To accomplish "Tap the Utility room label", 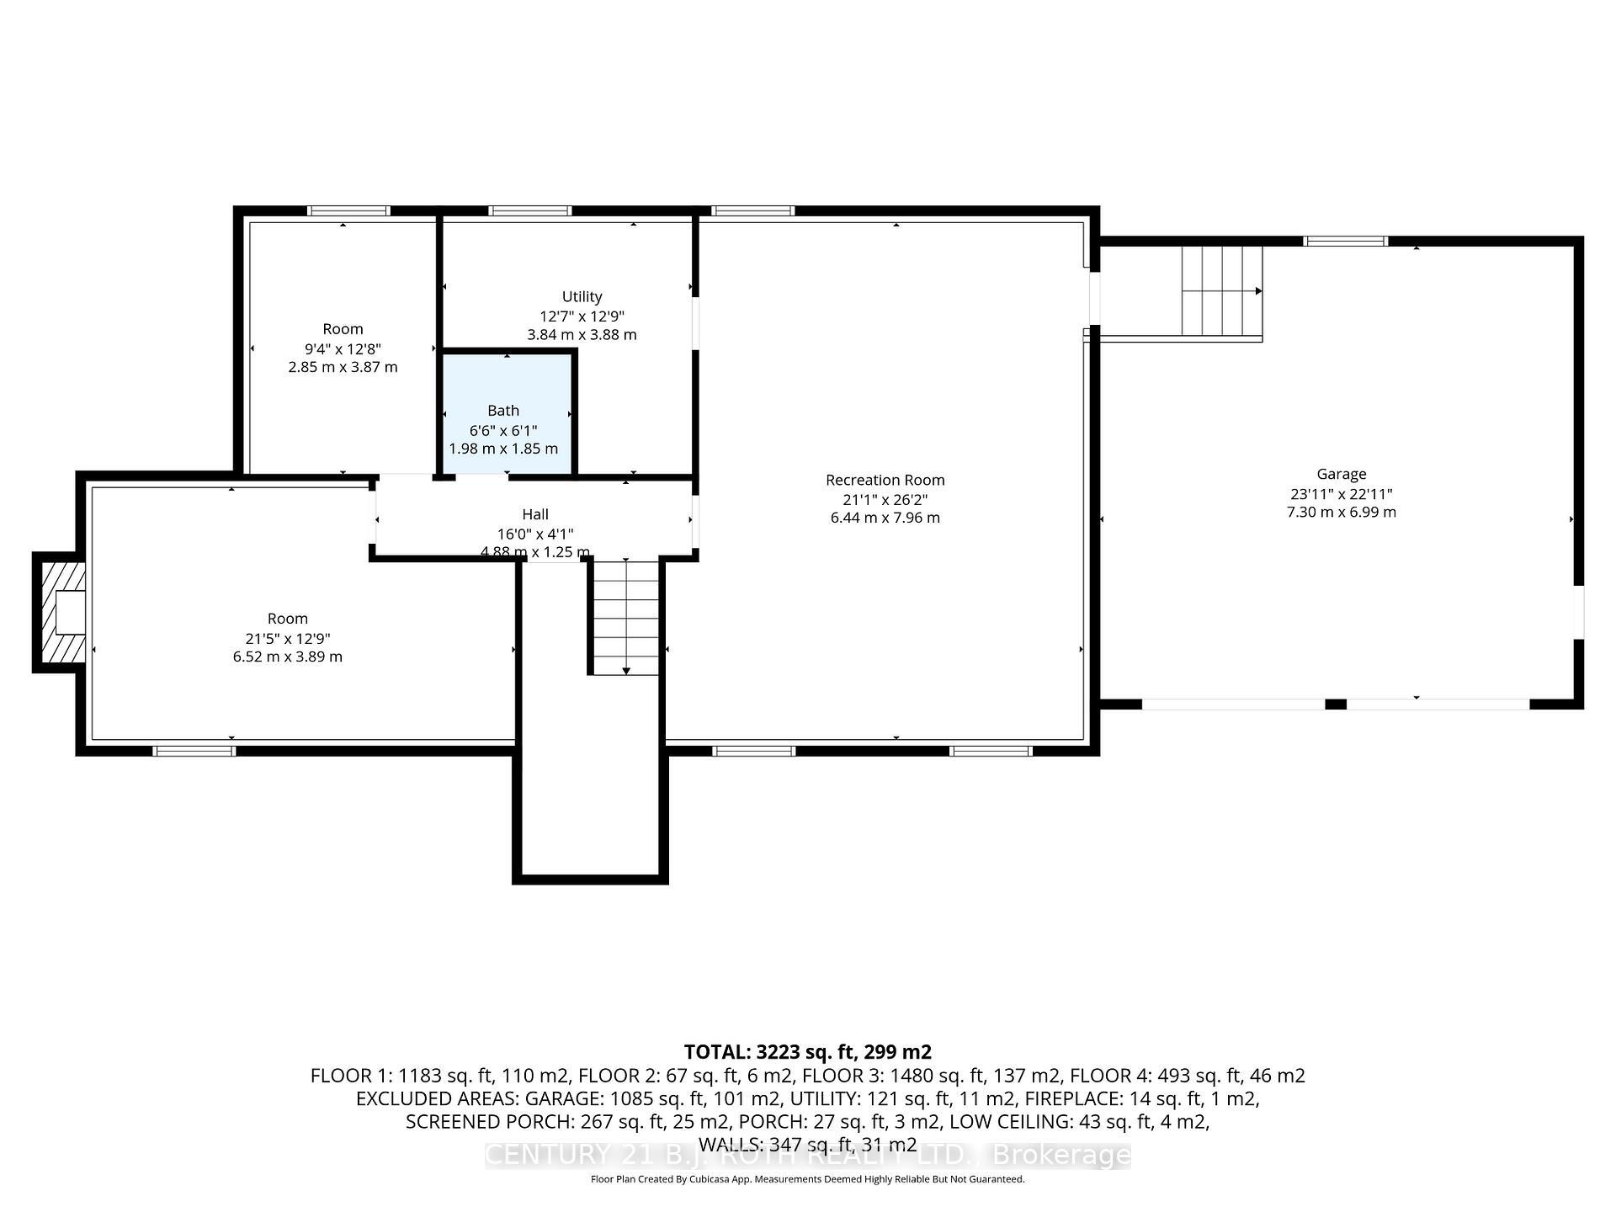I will point(582,297).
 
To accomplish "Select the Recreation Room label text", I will point(885,481).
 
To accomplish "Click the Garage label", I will point(1341,475).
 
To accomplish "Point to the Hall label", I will point(534,514).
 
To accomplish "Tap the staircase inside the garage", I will point(1221,290).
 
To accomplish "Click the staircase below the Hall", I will point(625,617).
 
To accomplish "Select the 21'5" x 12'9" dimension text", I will point(287,639).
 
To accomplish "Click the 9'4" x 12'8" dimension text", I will point(343,348).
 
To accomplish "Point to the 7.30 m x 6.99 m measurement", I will point(1341,513).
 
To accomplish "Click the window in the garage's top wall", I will point(1345,242).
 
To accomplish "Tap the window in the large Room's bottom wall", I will point(194,751).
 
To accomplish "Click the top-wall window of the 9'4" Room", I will point(348,211).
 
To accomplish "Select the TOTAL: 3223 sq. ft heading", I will point(807,1052).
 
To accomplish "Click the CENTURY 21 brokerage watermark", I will point(807,1155).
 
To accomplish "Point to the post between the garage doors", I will point(1336,704).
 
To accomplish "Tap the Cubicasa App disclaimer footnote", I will point(807,1179).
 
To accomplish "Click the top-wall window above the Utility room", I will point(530,211).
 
